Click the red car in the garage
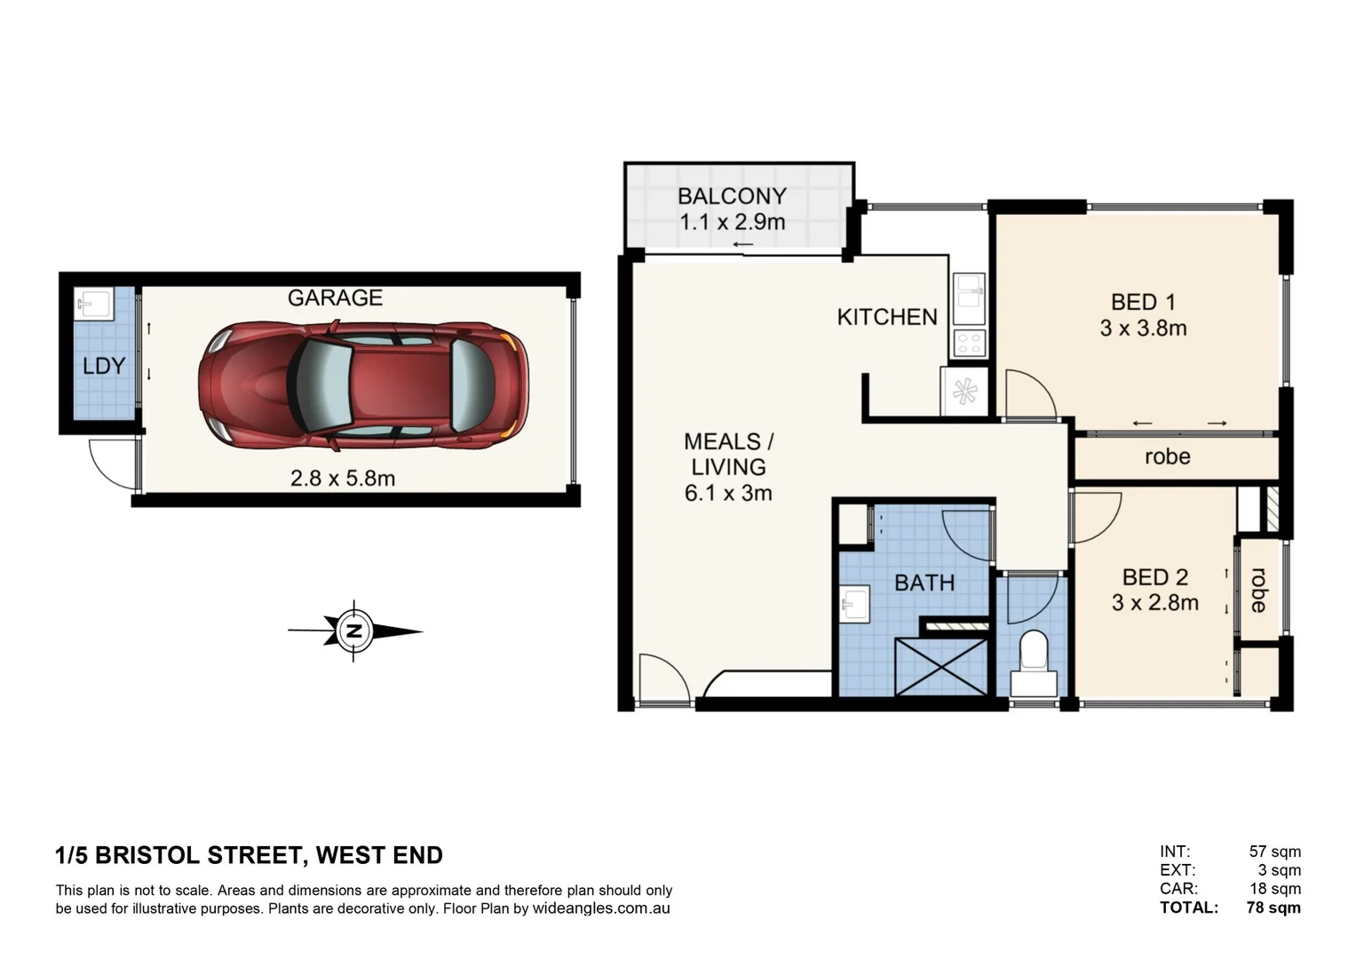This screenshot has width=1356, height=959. pos(362,384)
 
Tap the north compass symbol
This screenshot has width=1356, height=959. pos(354,631)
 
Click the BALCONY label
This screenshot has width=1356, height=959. pos(732,196)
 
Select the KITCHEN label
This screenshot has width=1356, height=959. pos(886,317)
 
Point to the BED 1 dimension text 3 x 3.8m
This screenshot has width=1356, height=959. pos(1143,329)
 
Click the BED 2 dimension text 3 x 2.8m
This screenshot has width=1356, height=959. pos(1154,603)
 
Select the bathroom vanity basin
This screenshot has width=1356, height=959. pos(854,605)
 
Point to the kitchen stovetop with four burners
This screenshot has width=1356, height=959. pos(969,343)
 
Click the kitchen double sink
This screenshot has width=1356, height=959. pos(969,297)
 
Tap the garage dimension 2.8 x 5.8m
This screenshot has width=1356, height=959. pos(343,479)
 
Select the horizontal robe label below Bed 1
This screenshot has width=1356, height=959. pos(1167,456)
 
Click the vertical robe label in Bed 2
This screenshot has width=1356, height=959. pos(1257,590)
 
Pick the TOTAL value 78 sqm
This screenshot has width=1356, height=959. pos(1273,907)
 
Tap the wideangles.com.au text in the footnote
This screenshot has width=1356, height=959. pos(601,908)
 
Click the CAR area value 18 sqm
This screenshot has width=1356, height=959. pos(1275,889)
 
